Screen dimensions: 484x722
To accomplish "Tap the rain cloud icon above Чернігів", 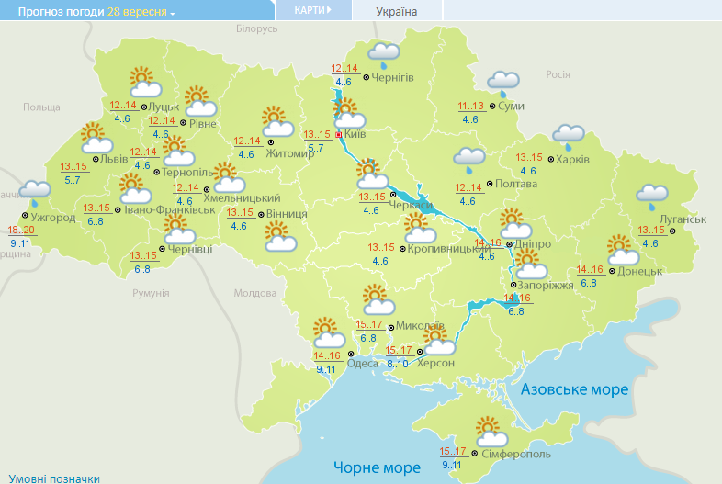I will coord(383,55).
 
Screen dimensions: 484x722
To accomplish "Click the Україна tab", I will coord(397,11).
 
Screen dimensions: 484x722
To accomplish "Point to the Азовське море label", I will coord(574,389).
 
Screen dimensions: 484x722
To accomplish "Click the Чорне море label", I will coord(377,467).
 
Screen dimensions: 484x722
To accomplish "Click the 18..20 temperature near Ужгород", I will coord(21,230).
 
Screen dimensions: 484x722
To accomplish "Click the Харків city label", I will coord(573,159).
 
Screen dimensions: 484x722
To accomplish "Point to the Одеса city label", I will coord(362,362).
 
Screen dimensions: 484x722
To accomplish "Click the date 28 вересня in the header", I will coord(138,11).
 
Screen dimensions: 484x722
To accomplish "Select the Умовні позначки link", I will coord(50,478).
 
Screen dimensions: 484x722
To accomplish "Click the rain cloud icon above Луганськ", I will coord(652,195).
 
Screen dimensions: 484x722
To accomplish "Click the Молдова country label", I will coord(254,293).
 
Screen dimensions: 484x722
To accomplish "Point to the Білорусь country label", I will coord(256,28).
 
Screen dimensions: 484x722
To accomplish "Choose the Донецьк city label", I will coord(640,271).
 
